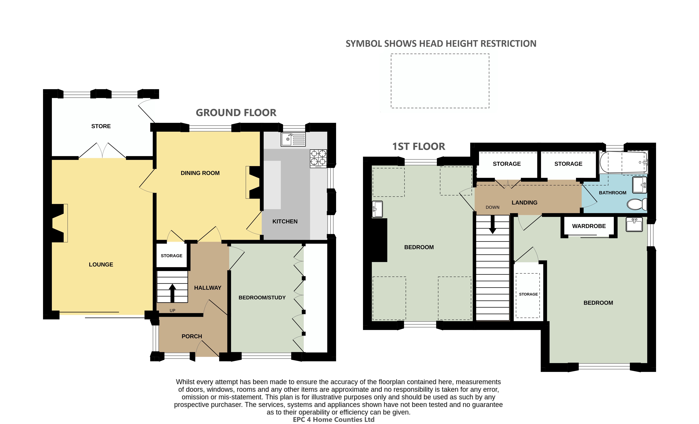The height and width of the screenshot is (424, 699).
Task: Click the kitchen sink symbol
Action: click(x=293, y=139)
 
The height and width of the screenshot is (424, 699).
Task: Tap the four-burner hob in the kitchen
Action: click(x=318, y=158)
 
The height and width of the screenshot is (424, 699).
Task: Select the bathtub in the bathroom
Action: click(x=624, y=162)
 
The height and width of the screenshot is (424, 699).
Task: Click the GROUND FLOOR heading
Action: click(x=236, y=113)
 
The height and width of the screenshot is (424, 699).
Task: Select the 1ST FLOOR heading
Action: click(x=419, y=146)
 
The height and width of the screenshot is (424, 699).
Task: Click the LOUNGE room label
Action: click(x=101, y=264)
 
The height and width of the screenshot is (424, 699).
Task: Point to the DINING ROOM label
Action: click(x=200, y=173)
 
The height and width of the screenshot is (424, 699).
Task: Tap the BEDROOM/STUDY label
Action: click(x=262, y=297)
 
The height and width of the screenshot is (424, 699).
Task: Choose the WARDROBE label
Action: click(x=589, y=226)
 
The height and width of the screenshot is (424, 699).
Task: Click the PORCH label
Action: click(x=192, y=336)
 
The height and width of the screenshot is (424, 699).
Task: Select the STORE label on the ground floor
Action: click(x=101, y=126)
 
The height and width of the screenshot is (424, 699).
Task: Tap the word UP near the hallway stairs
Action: click(x=172, y=311)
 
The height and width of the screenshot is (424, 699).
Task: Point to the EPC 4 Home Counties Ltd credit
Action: click(x=334, y=419)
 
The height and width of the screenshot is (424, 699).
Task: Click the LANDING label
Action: click(x=525, y=203)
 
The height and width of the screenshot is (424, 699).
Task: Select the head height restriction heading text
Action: click(x=441, y=44)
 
